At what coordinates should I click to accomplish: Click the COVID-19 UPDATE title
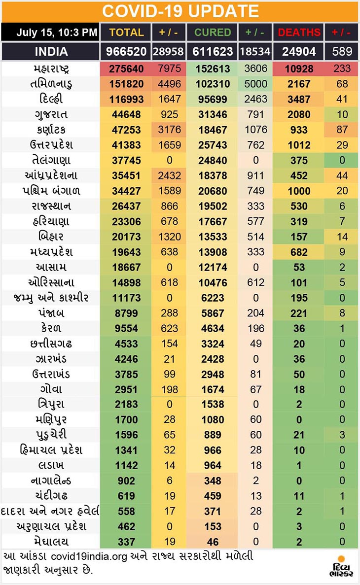coord(180,11)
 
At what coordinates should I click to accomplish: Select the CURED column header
coord(213,33)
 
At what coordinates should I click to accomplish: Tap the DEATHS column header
coord(299,33)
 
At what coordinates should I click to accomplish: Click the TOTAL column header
coord(126,33)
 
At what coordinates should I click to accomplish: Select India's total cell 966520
coord(126,51)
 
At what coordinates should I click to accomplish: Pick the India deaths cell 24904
coord(299,51)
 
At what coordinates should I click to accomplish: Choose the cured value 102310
coord(213,84)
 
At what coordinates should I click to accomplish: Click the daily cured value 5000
coord(255,84)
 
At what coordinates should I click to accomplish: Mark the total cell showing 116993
coord(126,99)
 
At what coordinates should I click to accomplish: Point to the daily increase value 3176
coord(169,130)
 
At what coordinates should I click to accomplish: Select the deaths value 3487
coord(299,99)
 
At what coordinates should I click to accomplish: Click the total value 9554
coord(126,328)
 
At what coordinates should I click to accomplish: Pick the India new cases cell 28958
coord(169,51)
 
